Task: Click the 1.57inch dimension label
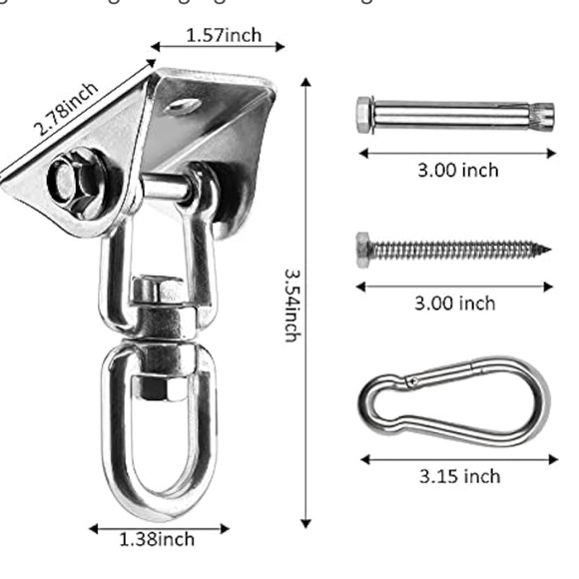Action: click(x=224, y=36)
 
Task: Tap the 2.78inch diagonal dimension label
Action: click(x=68, y=110)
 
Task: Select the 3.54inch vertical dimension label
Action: click(x=290, y=303)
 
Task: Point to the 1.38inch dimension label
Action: click(x=158, y=540)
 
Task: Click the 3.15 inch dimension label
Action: click(x=460, y=476)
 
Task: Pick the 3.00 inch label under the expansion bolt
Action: click(x=457, y=170)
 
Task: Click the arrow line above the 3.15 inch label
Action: click(x=458, y=460)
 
